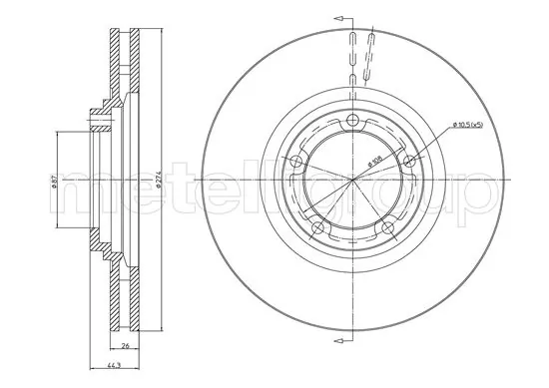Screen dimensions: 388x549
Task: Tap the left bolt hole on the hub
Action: [x=298, y=162]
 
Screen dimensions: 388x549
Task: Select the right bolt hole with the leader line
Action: [x=409, y=162]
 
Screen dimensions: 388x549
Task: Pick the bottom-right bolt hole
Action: [x=388, y=229]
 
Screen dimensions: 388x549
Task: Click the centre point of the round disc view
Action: [x=354, y=180]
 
